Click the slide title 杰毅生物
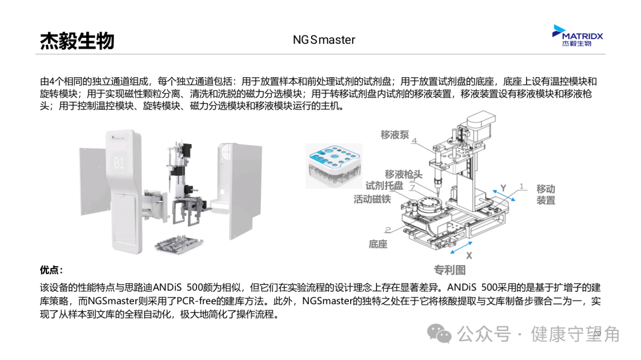[x=77, y=40]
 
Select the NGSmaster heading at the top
[x=323, y=40]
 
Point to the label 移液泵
[x=395, y=135]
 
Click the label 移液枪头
[x=404, y=174]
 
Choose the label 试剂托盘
[x=384, y=186]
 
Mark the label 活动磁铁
[x=372, y=199]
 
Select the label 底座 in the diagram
[x=378, y=244]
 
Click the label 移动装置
[x=546, y=194]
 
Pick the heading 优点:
[x=51, y=270]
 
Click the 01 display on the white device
[x=119, y=163]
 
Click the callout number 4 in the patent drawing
[x=414, y=141]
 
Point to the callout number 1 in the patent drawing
[x=522, y=186]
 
